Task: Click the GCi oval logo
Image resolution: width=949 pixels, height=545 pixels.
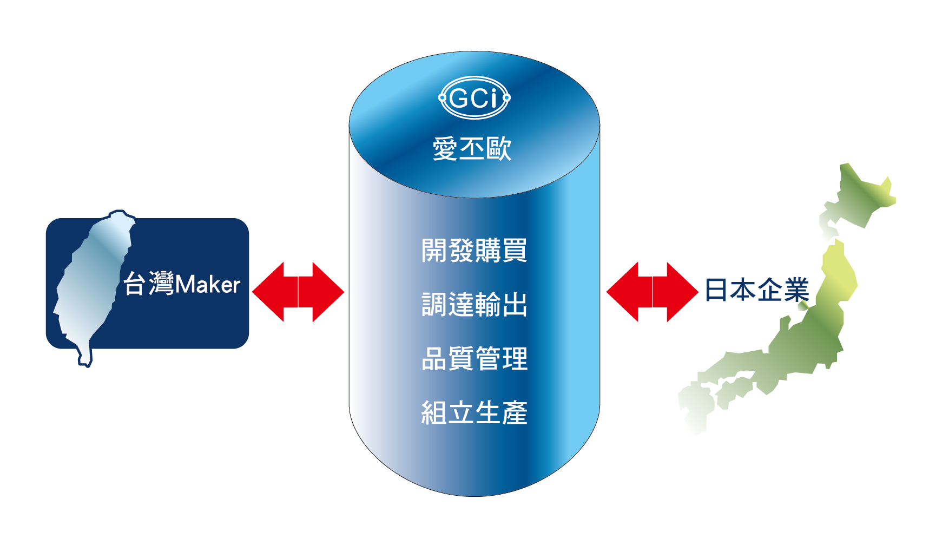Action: tap(474, 98)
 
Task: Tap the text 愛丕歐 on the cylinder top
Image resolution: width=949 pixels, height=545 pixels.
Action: tap(472, 148)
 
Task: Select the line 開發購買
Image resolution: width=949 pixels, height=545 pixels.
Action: tap(475, 250)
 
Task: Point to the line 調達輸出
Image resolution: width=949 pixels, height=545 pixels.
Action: tap(475, 304)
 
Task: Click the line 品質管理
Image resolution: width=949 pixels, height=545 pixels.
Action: tap(475, 358)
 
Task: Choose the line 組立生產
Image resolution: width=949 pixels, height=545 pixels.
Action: tap(475, 412)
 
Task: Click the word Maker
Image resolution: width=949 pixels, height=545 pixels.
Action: tap(208, 285)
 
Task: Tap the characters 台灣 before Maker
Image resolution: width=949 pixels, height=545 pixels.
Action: tap(149, 284)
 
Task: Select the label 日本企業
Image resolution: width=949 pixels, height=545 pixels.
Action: tap(757, 290)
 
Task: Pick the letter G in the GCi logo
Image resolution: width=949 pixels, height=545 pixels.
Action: tap(459, 99)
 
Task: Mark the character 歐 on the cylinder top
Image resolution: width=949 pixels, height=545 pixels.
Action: tap(499, 148)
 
